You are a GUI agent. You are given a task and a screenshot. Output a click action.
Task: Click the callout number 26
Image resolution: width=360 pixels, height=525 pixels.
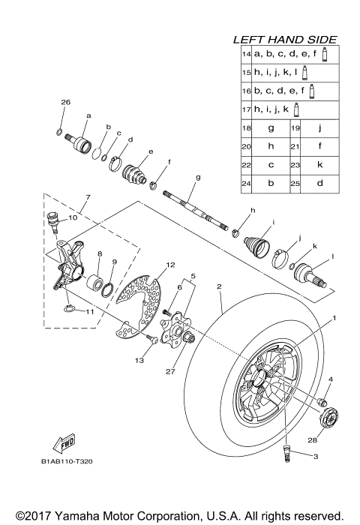[64, 102]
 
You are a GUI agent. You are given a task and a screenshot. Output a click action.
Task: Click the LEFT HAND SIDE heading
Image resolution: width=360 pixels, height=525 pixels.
[284, 39]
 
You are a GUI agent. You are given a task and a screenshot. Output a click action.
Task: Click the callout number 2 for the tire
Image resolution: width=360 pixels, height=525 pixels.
[219, 286]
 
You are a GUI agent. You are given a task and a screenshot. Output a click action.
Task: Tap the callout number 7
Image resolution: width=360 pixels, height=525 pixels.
[87, 197]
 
